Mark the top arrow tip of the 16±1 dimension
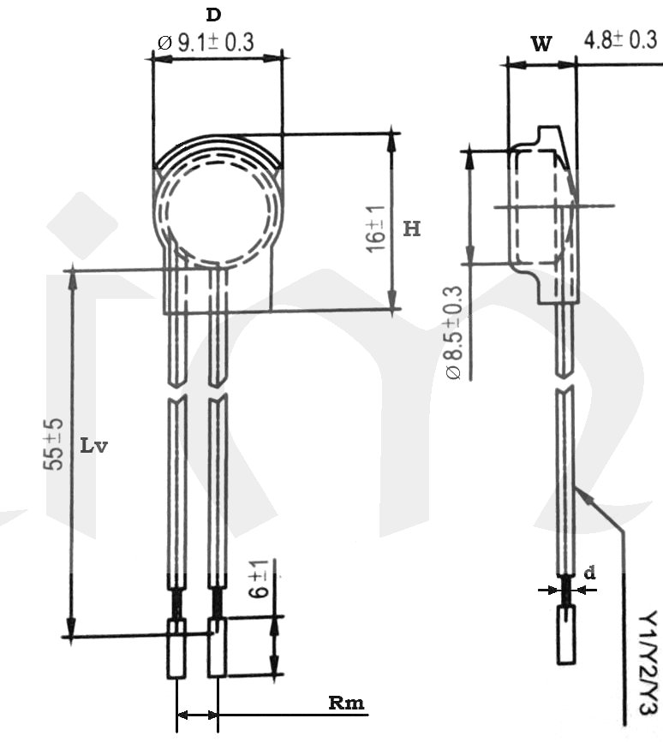point(392,134)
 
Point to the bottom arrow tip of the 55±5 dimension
point(71,637)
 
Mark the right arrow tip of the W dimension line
point(576,65)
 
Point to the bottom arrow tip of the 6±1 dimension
point(275,674)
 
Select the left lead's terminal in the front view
point(176,648)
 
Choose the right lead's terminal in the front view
point(218,646)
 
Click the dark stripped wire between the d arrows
point(566,589)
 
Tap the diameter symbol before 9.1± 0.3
point(164,44)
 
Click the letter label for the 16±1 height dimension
point(412,229)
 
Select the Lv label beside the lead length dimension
point(93,446)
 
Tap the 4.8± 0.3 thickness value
point(620,40)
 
